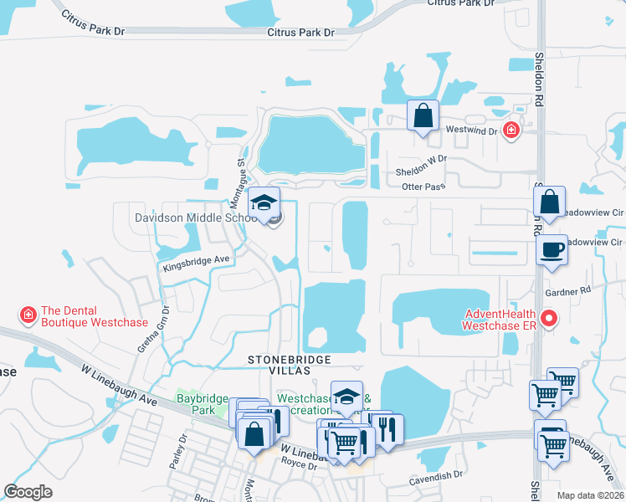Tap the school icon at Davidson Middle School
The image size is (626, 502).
point(264,203)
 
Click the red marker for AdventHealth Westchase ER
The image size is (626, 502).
point(549,318)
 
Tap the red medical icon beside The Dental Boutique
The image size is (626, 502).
point(28,315)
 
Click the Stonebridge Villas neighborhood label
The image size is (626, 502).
point(290,364)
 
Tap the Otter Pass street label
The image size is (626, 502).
point(423,187)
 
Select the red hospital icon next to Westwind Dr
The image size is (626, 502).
point(511,130)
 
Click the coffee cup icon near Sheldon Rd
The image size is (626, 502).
point(552,249)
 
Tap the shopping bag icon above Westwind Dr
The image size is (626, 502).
point(423,115)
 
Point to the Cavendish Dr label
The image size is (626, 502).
point(436,476)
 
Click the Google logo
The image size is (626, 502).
point(28,492)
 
